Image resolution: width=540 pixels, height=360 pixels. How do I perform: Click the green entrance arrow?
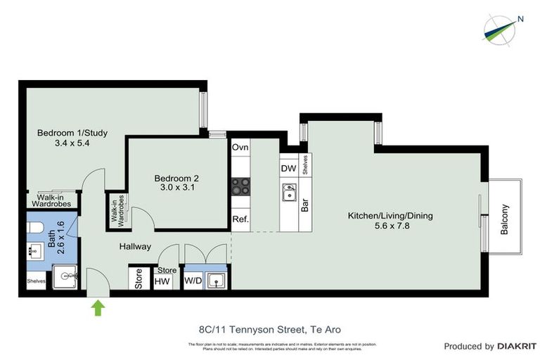pyautogui.click(x=96, y=307)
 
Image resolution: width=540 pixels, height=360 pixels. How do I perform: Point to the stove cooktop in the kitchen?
pyautogui.click(x=241, y=186)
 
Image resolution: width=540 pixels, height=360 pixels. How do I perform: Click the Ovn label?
pyautogui.click(x=240, y=148)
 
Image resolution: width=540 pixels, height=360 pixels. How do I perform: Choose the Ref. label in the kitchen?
pyautogui.click(x=240, y=219)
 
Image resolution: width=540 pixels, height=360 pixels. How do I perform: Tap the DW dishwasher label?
pyautogui.click(x=288, y=169)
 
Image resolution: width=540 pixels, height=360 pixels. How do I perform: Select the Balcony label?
pyautogui.click(x=505, y=219)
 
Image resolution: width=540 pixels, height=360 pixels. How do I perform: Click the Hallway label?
pyautogui.click(x=135, y=247)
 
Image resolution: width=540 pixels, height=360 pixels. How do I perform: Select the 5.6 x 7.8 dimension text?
pyautogui.click(x=390, y=226)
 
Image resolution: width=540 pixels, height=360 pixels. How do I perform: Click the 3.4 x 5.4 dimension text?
pyautogui.click(x=63, y=143)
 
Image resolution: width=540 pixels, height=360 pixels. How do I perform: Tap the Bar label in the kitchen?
pyautogui.click(x=306, y=205)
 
